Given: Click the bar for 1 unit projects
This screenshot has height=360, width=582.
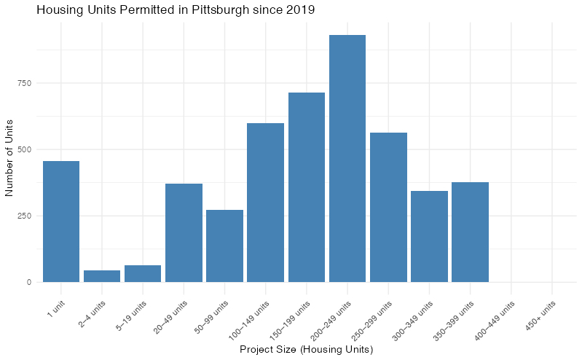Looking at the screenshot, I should click(61, 222).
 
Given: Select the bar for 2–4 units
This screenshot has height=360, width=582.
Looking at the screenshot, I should click(102, 276).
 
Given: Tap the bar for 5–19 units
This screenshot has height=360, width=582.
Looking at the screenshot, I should click(143, 273).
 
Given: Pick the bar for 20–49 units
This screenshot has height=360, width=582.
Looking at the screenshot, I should click(184, 233).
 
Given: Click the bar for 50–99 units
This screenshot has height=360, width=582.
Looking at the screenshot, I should click(224, 246).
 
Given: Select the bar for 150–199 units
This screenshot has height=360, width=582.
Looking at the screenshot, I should click(307, 187).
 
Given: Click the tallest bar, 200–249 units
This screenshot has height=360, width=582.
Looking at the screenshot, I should click(347, 159).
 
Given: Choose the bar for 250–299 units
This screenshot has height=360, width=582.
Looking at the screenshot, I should click(388, 208).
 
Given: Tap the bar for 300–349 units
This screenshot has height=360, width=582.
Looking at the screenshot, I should click(429, 237).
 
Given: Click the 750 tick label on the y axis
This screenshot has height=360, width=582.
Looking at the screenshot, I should click(25, 83).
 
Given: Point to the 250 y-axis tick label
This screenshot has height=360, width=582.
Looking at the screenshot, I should click(25, 216).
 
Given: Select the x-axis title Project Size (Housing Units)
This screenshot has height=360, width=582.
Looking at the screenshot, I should click(307, 351).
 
